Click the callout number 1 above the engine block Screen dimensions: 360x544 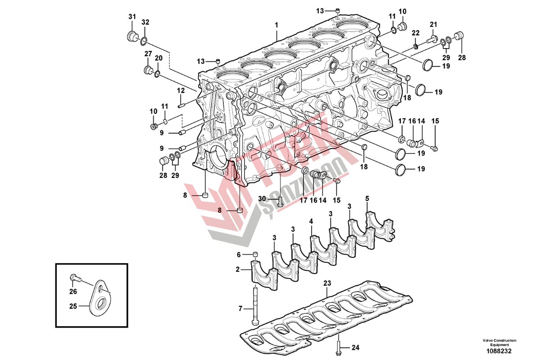[277, 25]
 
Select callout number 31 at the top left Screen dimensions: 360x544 [132, 17]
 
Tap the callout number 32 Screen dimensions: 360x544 [145, 22]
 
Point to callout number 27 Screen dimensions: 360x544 [148, 54]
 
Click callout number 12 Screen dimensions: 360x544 [181, 90]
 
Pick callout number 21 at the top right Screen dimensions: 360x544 [433, 24]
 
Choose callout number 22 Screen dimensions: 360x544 [415, 32]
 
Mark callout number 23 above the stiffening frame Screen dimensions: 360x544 [327, 283]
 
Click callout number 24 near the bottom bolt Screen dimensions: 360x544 [355, 347]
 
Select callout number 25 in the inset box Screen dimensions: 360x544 [73, 306]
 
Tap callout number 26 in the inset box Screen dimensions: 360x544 [73, 290]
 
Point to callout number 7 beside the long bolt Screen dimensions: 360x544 [240, 308]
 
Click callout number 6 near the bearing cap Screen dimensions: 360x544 [239, 255]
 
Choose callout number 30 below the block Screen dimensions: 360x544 [262, 199]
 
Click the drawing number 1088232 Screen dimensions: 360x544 [499, 351]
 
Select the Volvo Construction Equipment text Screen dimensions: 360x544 [499, 342]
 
